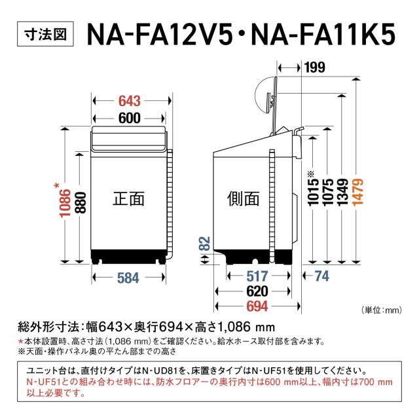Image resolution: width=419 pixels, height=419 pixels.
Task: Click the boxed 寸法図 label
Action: coord(44,34)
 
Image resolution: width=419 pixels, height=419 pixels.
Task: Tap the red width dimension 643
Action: coord(130,101)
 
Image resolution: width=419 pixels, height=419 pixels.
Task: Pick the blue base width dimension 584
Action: coord(128,278)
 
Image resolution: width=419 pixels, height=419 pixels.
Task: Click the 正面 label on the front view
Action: coord(128,198)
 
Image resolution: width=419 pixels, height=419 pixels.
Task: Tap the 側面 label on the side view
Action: coord(244,198)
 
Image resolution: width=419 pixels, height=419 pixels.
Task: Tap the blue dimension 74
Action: coord(321,277)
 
